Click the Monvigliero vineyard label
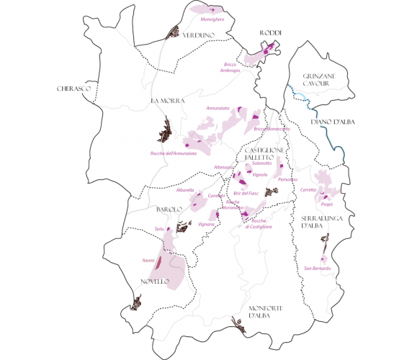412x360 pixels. click(213, 19)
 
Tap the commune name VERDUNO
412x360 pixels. click(198, 35)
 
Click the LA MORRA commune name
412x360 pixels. click(164, 101)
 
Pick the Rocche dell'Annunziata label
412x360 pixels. click(174, 153)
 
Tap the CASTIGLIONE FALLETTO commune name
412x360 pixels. click(265, 153)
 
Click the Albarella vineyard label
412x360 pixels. click(185, 190)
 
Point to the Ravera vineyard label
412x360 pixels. click(148, 260)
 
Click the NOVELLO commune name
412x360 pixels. click(154, 281)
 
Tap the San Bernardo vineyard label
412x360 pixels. click(317, 269)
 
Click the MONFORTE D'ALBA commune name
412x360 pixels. click(267, 312)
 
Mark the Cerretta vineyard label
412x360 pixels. click(308, 189)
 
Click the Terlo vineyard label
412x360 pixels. click(160, 229)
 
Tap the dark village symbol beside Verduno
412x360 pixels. click(173, 32)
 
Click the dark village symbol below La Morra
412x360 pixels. click(165, 133)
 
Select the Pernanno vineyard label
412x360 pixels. click(287, 178)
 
